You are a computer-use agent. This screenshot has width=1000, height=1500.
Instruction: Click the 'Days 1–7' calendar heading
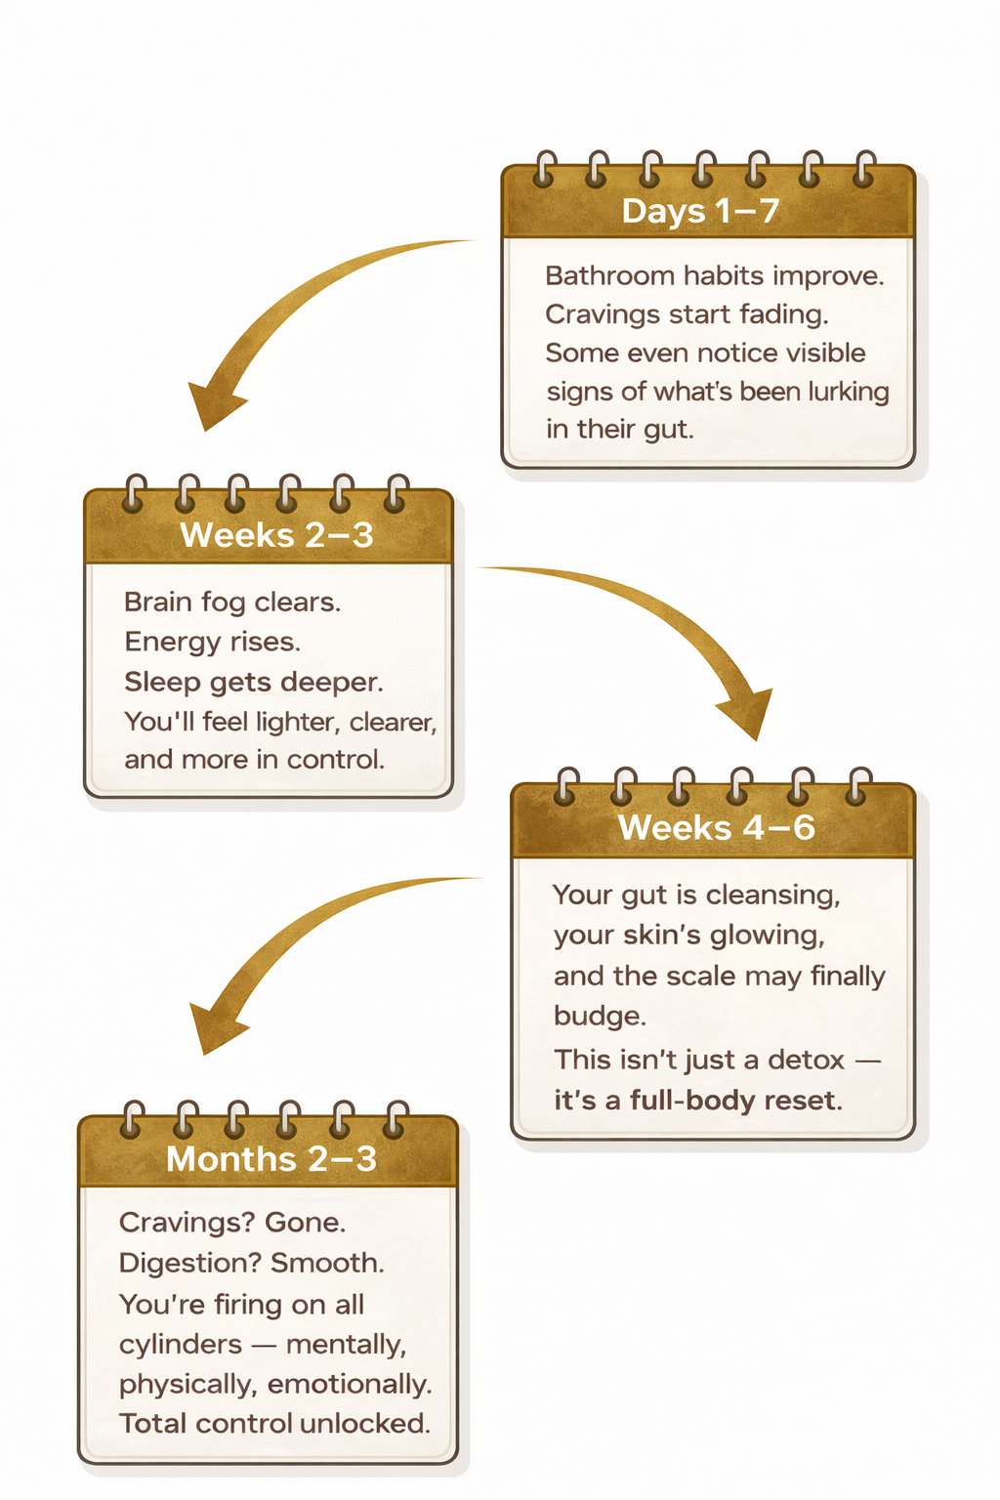pyautogui.click(x=700, y=211)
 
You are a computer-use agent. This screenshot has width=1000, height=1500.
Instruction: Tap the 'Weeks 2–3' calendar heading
pyautogui.click(x=276, y=535)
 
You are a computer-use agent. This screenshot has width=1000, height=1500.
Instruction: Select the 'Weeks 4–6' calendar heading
pyautogui.click(x=716, y=828)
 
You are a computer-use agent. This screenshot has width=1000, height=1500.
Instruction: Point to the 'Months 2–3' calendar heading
pyautogui.click(x=271, y=1159)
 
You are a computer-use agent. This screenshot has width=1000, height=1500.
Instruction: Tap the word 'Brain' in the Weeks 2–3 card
pyautogui.click(x=158, y=602)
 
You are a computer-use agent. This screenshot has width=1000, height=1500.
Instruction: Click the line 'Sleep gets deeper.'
pyautogui.click(x=253, y=682)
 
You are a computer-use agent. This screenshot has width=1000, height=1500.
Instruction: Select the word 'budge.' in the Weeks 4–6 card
pyautogui.click(x=600, y=1017)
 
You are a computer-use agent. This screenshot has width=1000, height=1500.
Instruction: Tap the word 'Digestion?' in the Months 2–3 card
pyautogui.click(x=190, y=1264)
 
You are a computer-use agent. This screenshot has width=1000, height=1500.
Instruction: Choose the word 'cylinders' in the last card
pyautogui.click(x=180, y=1345)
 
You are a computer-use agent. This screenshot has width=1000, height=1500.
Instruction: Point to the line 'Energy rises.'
pyautogui.click(x=212, y=642)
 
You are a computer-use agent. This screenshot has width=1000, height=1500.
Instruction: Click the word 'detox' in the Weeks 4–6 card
pyautogui.click(x=806, y=1060)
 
